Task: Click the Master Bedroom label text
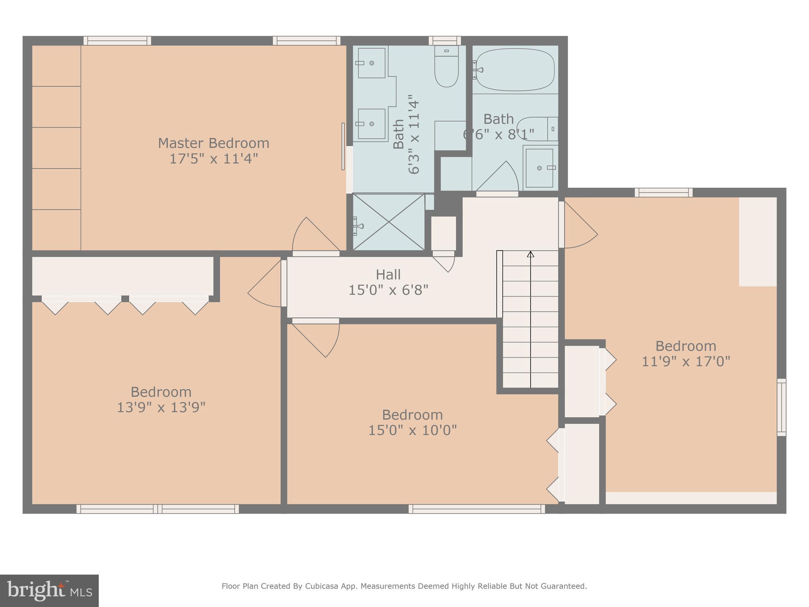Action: pos(213,143)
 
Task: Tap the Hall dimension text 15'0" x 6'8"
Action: pos(388,290)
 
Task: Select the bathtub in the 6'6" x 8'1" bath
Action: pos(515,70)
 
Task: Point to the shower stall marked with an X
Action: pos(389,222)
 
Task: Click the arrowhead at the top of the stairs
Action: pos(531,254)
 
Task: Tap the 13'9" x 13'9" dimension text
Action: pos(161,407)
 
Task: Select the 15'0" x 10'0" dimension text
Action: pos(412,430)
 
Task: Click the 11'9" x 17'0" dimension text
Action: pos(685,362)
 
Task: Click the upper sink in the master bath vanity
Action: pos(371,63)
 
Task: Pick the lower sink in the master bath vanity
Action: pos(371,124)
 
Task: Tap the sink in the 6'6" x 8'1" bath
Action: pos(539,168)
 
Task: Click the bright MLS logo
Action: pos(49,590)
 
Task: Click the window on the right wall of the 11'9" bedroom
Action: pos(781,407)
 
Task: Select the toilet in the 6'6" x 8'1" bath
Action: pos(535,129)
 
